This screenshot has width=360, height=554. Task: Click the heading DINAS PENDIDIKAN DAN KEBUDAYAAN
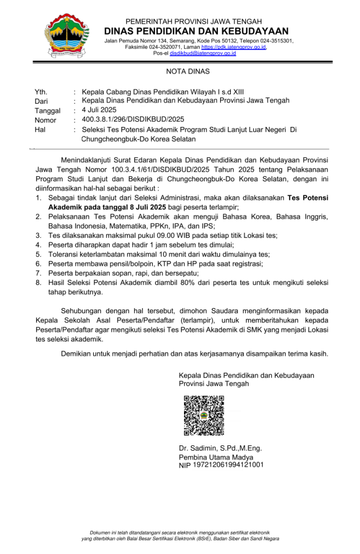196,31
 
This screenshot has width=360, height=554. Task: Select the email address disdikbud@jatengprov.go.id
203,53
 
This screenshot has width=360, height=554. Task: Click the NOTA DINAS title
180,72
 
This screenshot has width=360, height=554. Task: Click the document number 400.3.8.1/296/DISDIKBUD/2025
133,119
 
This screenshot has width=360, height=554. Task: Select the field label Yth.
41,91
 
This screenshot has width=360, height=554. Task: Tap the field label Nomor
45,120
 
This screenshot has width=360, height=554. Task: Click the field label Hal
40,130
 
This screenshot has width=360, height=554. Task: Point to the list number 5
38,254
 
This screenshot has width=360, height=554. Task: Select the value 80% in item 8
180,283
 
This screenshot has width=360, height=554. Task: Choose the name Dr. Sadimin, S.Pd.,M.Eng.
221,448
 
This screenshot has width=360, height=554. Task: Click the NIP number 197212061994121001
228,464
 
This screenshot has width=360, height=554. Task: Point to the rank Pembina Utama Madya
216,457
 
